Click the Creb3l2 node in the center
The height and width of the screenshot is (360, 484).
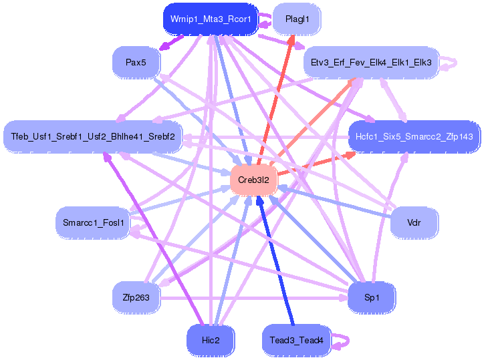pos(253,180)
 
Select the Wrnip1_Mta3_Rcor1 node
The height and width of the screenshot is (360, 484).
pos(210,19)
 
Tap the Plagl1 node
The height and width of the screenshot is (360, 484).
pos(297,19)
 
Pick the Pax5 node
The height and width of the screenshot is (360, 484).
pos(136,63)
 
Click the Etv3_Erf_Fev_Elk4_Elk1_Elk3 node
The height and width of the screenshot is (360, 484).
pos(371,63)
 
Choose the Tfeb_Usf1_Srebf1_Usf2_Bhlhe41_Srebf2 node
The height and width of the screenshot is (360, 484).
pos(93,136)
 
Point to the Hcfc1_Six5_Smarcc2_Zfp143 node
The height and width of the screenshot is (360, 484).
pos(414,136)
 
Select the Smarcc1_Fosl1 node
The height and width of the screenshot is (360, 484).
pos(94,222)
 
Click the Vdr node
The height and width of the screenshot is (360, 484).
pos(414,222)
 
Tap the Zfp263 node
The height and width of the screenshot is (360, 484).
pos(136,297)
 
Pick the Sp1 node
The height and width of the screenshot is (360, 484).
pos(371,297)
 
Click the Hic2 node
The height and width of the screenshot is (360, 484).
pos(210,340)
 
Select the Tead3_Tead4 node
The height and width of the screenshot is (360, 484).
pos(296,340)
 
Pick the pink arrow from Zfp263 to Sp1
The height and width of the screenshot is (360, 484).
pos(254,298)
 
